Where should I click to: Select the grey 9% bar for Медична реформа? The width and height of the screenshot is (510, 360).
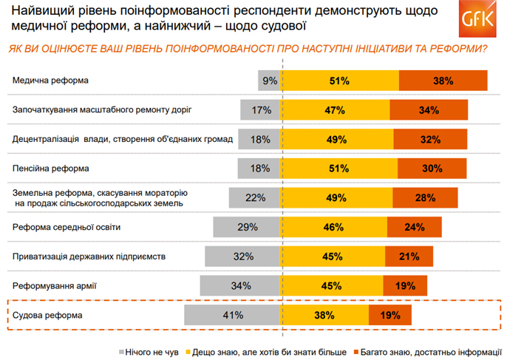click(269, 81)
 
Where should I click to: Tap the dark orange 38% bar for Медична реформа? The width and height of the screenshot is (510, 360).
click(443, 81)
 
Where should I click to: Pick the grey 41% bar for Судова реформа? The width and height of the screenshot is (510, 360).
click(234, 315)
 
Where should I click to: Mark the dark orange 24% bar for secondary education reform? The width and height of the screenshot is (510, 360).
click(414, 227)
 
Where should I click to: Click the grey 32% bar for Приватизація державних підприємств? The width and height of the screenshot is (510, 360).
click(243, 257)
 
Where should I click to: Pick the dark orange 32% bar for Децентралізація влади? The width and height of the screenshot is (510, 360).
click(429, 140)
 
